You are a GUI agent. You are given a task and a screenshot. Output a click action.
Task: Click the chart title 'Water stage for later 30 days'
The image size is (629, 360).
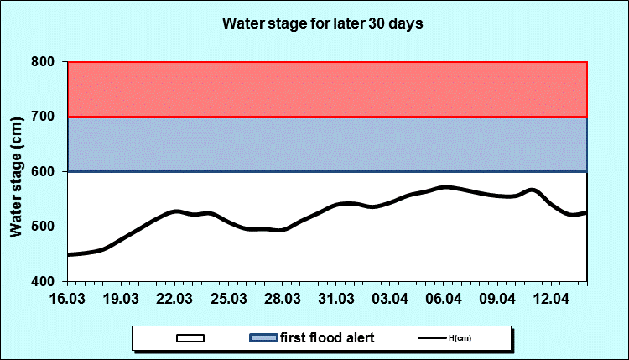click(x=322, y=23)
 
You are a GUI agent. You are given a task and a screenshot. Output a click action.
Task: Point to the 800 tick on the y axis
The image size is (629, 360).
click(x=44, y=62)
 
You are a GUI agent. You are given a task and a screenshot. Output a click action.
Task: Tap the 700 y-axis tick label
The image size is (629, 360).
click(x=44, y=117)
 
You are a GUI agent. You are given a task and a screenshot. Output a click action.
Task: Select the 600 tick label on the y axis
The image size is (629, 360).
click(x=44, y=172)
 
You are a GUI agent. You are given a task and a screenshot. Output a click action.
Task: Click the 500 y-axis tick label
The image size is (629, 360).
click(x=44, y=227)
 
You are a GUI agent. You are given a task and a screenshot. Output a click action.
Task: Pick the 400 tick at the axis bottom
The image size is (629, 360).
click(x=44, y=282)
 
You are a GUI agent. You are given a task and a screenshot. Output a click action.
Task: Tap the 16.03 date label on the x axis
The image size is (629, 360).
click(x=67, y=300)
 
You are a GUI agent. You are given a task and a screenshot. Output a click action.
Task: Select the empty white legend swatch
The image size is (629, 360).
click(x=191, y=338)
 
